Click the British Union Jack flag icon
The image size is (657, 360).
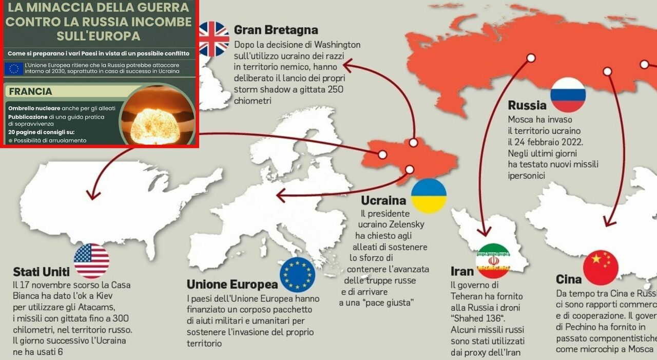[x=214, y=39]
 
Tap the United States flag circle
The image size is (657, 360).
[x=91, y=261]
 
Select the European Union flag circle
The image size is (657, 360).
[x=297, y=275]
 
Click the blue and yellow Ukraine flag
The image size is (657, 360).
[x=429, y=196]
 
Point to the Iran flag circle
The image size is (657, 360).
[x=493, y=261]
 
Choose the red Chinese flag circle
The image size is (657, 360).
[x=601, y=268]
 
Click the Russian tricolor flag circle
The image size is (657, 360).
[x=568, y=95]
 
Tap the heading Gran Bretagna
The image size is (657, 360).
[x=276, y=30]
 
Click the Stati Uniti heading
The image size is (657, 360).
[x=41, y=272]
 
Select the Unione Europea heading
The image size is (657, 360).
[x=231, y=284]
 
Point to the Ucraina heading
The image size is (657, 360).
[x=383, y=201]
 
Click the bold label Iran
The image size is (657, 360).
[x=462, y=271]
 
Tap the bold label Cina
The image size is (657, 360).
[x=569, y=279]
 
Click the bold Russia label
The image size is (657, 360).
[x=527, y=106]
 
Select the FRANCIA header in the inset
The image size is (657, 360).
[x=30, y=92]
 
